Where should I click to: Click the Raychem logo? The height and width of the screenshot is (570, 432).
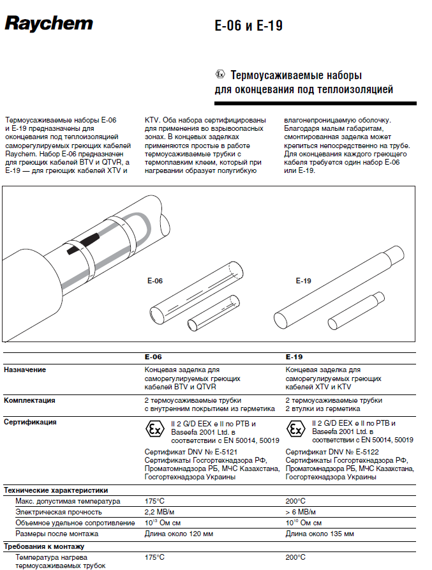(x=48, y=24)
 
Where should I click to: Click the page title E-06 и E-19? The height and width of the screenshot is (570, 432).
(x=248, y=26)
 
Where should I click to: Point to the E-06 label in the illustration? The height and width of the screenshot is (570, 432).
(x=154, y=280)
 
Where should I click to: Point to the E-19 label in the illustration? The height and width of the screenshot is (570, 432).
(x=303, y=281)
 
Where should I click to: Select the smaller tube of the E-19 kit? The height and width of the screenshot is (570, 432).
(x=356, y=309)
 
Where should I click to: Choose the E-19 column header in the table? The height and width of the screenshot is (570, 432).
(x=294, y=357)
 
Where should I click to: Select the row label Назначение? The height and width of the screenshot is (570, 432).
(x=25, y=370)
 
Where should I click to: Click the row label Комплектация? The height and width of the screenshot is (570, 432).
(x=29, y=400)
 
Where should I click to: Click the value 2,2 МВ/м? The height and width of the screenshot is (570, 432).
(x=161, y=512)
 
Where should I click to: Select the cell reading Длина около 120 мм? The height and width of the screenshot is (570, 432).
(x=179, y=534)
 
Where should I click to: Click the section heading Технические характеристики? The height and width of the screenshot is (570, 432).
(x=56, y=490)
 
